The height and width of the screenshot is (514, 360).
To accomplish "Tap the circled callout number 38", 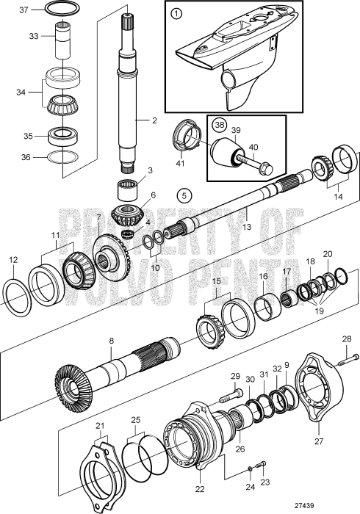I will click(218, 124).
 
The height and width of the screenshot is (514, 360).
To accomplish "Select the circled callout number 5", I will click(184, 195).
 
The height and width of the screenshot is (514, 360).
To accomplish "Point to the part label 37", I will click(23, 10).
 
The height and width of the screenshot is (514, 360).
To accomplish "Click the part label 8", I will click(111, 341).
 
